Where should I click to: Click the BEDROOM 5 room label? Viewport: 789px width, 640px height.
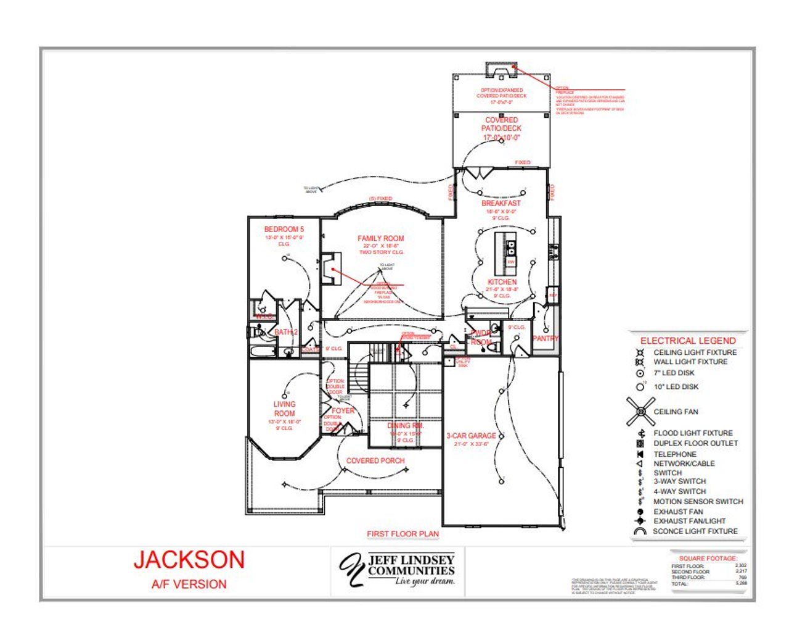coord(284,229)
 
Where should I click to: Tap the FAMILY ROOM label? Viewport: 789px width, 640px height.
coord(381,238)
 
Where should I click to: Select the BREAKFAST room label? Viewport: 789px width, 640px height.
coord(501,203)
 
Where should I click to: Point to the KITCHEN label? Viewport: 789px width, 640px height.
coord(502,282)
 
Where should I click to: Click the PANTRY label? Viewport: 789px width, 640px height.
coord(546,338)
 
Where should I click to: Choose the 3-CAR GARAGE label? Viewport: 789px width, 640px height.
coord(471,436)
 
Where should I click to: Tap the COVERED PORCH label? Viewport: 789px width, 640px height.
coord(375,461)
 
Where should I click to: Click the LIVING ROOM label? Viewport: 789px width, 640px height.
coord(284,409)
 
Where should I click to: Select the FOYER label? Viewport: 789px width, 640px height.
coord(343,410)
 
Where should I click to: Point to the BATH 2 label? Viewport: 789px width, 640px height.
coord(286,332)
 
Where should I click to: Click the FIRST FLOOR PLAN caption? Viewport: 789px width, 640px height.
coord(403,534)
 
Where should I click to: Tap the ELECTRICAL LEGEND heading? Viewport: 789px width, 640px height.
coord(688,341)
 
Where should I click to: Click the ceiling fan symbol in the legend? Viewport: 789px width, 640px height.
coord(641,412)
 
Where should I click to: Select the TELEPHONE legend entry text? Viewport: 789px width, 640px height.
coord(675,454)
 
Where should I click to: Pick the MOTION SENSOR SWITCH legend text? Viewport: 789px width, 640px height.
coord(698,502)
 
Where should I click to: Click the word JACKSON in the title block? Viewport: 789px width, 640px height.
coord(189,560)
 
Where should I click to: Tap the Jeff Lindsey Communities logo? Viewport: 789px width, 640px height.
coord(398,570)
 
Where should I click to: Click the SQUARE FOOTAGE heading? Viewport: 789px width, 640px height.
coord(708,558)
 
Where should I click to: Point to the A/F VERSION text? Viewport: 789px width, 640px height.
coord(189,584)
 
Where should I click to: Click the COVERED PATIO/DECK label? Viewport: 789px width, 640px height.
coord(502,128)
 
